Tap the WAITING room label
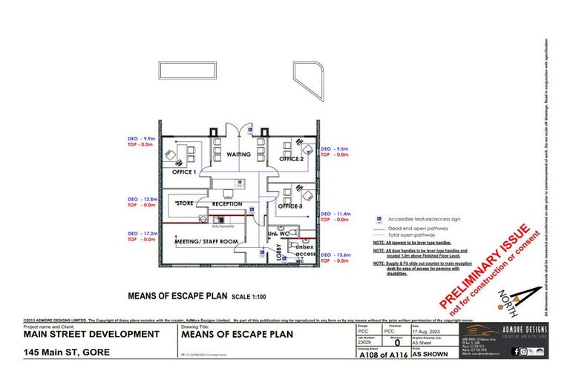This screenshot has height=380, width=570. coord(238,154)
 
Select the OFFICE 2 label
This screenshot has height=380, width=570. coord(291,159)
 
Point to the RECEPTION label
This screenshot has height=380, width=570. coord(227,203)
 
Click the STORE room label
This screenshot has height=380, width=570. coord(185,202)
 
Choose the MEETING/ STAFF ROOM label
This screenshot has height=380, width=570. coord(206,241)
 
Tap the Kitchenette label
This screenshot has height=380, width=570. coord(223,226)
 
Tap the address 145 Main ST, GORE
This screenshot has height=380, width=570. coord(68,352)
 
